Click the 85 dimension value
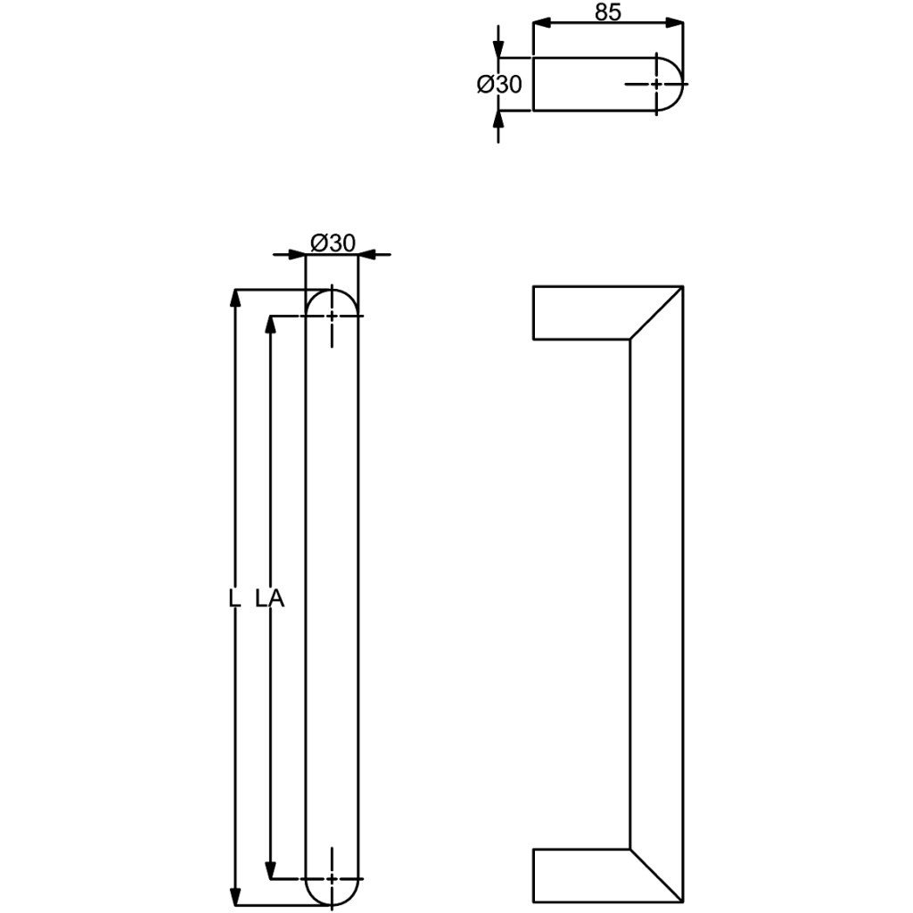(608, 12)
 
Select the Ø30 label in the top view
(499, 85)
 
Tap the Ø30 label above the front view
(333, 243)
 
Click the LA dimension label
(270, 598)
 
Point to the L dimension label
(234, 598)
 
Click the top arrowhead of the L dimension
(235, 298)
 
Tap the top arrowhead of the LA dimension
(270, 325)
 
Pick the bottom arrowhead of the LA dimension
(270, 870)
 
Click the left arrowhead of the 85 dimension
(542, 23)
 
